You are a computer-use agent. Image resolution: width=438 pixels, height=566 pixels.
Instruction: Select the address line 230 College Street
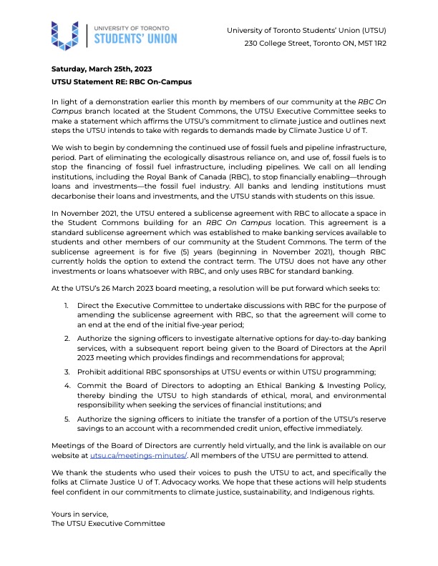tap(315, 44)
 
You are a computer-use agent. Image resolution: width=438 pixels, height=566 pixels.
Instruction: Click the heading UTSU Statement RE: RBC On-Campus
tap(121, 82)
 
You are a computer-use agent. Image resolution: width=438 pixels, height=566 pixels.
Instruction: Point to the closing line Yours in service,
tap(79, 514)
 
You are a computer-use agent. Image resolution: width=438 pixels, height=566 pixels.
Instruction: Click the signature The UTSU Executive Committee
tap(108, 524)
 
